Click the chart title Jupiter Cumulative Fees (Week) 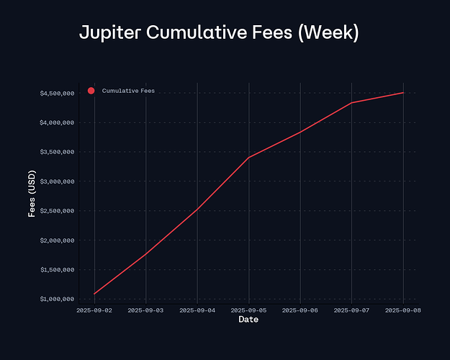219,33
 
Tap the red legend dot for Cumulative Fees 91,91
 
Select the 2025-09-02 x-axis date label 94,310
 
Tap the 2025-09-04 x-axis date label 197,310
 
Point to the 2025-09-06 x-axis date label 300,310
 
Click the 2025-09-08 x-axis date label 402,310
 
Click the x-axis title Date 248,319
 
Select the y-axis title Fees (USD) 32,196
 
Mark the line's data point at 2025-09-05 249,157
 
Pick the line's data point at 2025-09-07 351,103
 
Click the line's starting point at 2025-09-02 94,294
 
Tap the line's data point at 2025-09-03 146,253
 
